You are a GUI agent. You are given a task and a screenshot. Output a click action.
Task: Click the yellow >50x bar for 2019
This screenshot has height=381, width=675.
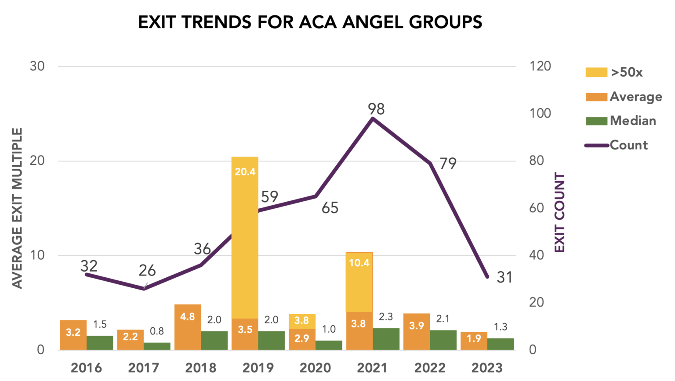(245, 237)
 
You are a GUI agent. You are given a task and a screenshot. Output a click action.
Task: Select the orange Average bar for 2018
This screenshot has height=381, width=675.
(188, 327)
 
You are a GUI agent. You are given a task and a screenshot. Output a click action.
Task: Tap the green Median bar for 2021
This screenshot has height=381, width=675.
(386, 339)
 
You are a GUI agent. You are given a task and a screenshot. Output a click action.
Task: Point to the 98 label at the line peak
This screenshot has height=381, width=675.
(376, 109)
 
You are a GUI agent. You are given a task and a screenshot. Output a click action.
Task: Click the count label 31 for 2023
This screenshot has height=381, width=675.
(504, 277)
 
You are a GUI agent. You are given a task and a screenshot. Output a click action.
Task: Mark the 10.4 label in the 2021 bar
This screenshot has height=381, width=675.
(359, 263)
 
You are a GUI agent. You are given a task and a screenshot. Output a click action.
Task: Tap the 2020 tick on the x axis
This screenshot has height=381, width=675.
(315, 367)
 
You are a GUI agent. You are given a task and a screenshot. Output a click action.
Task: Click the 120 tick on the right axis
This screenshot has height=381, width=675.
(540, 66)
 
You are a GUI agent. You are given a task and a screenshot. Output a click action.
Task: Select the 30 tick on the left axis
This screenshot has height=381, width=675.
(37, 66)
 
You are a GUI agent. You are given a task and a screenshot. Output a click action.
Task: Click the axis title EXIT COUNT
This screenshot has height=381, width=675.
(559, 212)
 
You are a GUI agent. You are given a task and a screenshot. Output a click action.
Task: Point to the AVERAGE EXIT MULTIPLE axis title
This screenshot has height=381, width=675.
(17, 208)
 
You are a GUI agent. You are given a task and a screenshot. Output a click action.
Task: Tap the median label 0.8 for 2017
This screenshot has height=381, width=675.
(157, 331)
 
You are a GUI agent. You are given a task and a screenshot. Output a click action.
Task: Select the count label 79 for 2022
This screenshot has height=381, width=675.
(448, 163)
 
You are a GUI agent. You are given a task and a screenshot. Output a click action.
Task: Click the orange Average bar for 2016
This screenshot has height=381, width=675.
(73, 335)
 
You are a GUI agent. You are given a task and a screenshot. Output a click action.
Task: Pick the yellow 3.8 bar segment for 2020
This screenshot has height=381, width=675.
(302, 321)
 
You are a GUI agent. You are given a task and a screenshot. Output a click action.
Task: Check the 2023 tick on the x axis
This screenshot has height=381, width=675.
(487, 367)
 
